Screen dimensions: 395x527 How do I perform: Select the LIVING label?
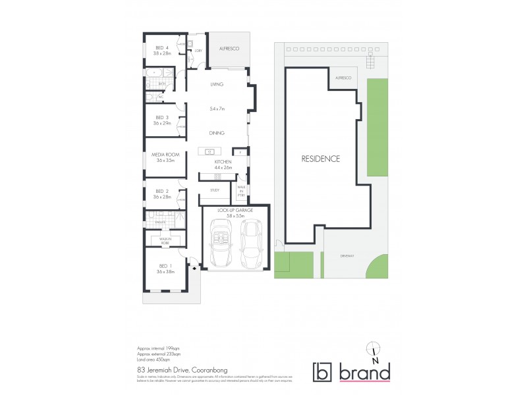(217, 85)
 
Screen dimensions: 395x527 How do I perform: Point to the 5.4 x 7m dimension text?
(217, 109)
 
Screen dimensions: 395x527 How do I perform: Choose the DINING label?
(217, 134)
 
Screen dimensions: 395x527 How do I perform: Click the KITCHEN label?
(222, 161)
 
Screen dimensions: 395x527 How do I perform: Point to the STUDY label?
(215, 190)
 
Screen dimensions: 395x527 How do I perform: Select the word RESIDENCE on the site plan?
(321, 159)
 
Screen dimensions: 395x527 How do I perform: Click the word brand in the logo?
(364, 372)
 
